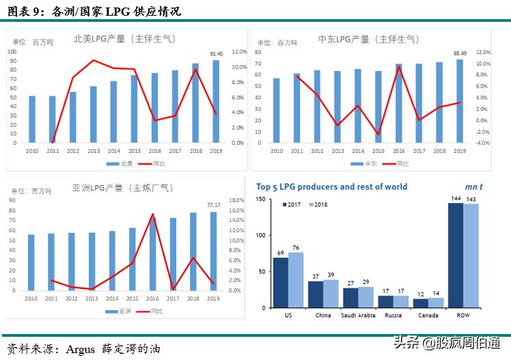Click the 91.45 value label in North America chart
pos(215,54)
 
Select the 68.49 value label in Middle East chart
pos(459,53)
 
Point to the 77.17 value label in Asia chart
pos(214,204)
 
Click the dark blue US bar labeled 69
pos(280,282)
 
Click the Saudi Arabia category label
pos(358,315)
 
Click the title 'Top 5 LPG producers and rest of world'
pos(331,186)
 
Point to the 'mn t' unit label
pos(474,186)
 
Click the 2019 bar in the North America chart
pos(216,102)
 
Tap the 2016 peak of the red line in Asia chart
pos(153,214)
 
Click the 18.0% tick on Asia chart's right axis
pos(236,201)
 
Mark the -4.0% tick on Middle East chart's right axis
pos(482,143)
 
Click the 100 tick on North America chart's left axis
pos(12,52)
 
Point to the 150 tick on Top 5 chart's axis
pos(260,198)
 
